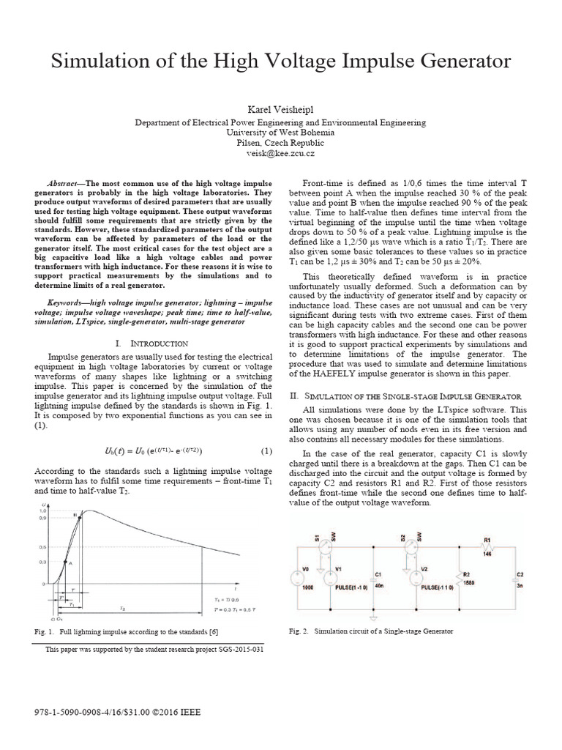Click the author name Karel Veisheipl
click(281, 109)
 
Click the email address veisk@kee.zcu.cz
click(281, 153)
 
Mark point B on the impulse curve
click(75, 516)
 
